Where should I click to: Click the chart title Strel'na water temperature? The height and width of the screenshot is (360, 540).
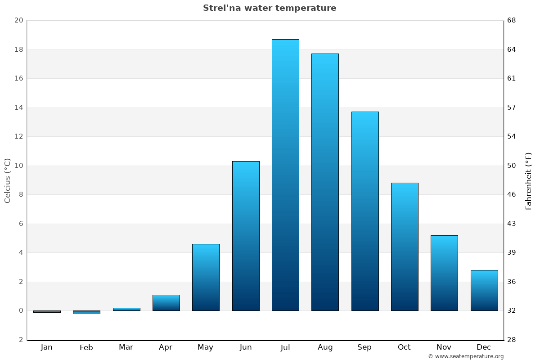tap(270, 8)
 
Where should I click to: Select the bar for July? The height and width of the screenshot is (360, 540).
tap(285, 175)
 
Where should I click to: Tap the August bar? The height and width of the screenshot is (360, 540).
tap(325, 182)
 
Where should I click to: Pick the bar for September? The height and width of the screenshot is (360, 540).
tap(365, 211)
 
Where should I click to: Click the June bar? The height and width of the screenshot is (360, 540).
tap(246, 236)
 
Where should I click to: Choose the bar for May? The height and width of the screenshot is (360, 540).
tap(206, 277)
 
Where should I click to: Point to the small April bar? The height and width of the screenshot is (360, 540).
tap(166, 303)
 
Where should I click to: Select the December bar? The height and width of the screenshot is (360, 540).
tap(484, 290)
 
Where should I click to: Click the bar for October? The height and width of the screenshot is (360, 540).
tap(405, 247)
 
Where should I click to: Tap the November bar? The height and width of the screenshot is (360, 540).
tap(444, 273)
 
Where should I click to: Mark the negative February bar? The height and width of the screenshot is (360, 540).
tap(86, 312)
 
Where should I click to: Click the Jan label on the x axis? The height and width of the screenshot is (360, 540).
tap(46, 347)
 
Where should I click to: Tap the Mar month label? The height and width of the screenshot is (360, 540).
tap(126, 347)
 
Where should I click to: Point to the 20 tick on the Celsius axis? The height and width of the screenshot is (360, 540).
tap(18, 20)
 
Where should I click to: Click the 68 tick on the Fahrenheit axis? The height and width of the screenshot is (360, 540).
tap(512, 20)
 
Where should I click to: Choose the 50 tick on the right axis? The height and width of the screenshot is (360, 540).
tap(512, 166)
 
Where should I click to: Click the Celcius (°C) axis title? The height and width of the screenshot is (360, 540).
tap(7, 180)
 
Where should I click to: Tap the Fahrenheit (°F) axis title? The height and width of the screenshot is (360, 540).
tap(528, 180)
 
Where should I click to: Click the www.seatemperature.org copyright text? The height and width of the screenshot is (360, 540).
tap(466, 356)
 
